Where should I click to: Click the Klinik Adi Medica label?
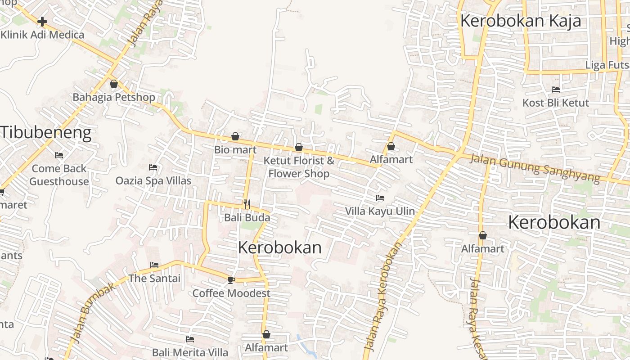[42, 35]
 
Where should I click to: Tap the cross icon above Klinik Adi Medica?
[42, 21]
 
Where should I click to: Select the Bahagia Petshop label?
[114, 97]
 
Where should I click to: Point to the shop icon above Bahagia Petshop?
[114, 84]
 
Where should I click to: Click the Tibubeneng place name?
[46, 133]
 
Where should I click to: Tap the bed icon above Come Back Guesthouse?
[59, 155]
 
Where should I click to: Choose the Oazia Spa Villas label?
[153, 181]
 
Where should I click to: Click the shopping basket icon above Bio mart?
[235, 136]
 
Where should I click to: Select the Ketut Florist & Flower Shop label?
[299, 167]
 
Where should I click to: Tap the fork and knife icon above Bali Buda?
[247, 204]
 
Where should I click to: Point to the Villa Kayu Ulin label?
[380, 211]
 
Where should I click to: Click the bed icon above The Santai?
[154, 265]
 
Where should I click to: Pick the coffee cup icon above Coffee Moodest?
[231, 280]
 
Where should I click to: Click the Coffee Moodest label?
[231, 293]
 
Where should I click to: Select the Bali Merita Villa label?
[190, 352]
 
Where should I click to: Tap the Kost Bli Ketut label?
[555, 103]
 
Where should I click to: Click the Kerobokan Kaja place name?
[520, 21]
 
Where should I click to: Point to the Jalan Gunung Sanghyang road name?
[535, 168]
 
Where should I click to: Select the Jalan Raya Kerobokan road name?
[382, 297]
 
